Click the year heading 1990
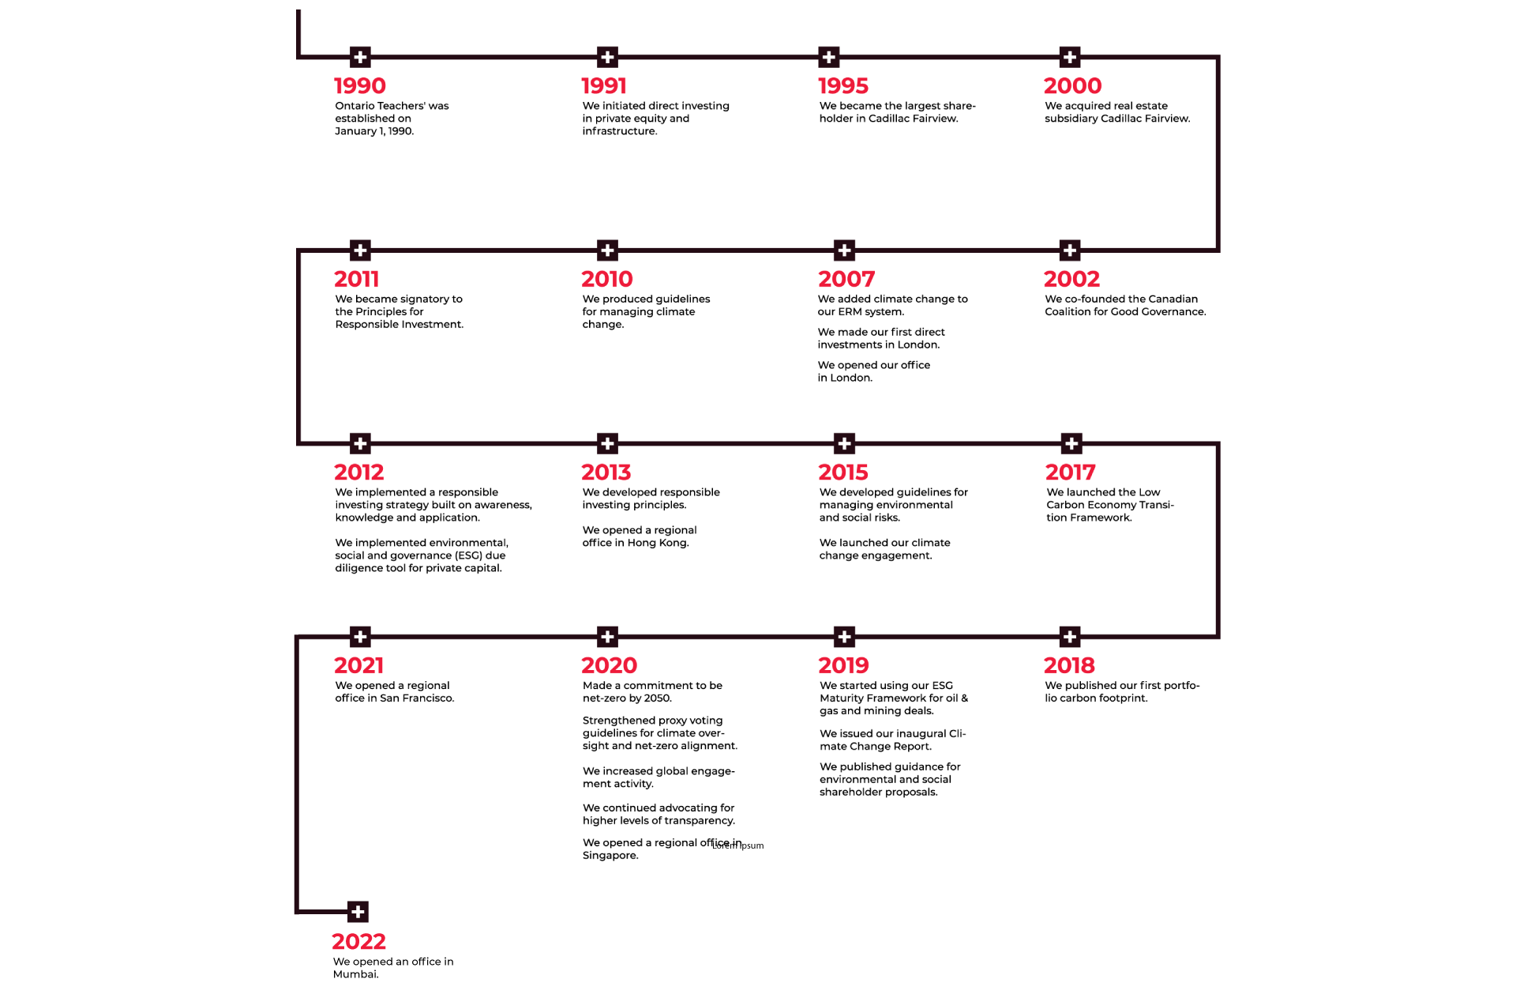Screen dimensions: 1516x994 [359, 85]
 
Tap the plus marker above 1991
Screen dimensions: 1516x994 [607, 57]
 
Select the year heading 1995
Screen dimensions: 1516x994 [843, 85]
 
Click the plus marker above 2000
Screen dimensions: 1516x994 [1070, 57]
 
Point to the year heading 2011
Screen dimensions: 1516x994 [356, 279]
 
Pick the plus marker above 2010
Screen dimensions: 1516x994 [607, 250]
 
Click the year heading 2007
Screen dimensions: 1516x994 [846, 279]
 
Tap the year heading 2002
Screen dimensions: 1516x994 [1071, 279]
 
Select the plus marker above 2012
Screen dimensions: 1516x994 [360, 443]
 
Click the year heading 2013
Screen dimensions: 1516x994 [606, 473]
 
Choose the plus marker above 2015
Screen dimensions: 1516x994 [844, 443]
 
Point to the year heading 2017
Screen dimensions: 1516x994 [1070, 473]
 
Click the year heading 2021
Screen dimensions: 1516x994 [358, 665]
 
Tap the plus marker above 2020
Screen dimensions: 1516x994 [607, 637]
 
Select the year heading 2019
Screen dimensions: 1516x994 [843, 665]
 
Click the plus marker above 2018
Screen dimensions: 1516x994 [1070, 637]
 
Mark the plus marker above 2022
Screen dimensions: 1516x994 [358, 912]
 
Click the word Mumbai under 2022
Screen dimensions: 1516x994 [355, 974]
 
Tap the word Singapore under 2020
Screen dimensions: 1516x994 [610, 856]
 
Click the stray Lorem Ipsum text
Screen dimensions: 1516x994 [738, 845]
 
